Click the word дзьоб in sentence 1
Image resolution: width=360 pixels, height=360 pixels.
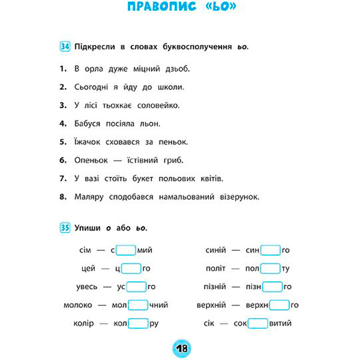pos(176,69)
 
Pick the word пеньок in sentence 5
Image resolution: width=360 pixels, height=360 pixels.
pos(175,142)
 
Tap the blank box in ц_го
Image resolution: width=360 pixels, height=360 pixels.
pos(131,268)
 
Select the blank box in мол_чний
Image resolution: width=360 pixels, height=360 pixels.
pos(137,305)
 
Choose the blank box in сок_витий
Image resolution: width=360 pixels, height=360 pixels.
pos(258,323)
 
